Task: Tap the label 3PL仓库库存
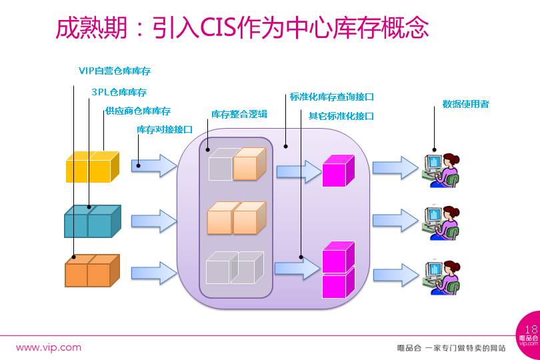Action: (119, 92)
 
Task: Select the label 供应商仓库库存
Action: (137, 111)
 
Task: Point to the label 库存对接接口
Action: (165, 129)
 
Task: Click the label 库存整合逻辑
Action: (239, 114)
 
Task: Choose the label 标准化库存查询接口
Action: (331, 97)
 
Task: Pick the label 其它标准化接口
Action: (341, 115)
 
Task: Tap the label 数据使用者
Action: (465, 104)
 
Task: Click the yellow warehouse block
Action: (92, 167)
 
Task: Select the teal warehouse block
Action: (92, 221)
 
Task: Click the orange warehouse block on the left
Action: (92, 271)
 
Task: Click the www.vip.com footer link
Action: (48, 347)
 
